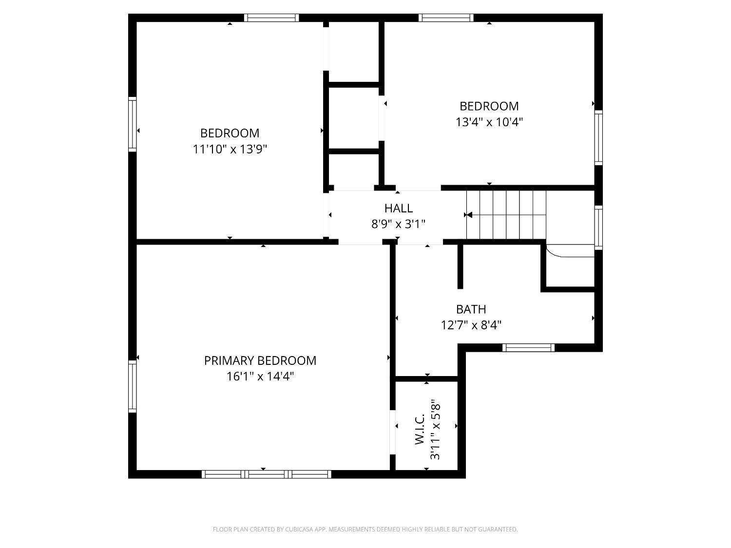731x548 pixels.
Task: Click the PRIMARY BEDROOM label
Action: [260, 360]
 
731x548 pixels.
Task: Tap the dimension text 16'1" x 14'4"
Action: [260, 377]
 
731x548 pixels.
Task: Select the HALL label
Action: [398, 208]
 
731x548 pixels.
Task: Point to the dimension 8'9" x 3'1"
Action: [398, 224]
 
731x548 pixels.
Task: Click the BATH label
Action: [471, 309]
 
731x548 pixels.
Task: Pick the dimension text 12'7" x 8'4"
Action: [471, 325]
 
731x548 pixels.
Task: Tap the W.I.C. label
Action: [420, 429]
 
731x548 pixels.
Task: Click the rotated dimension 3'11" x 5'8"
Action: [435, 429]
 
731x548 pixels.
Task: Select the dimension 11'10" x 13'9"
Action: [230, 149]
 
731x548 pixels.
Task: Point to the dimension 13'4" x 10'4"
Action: [489, 122]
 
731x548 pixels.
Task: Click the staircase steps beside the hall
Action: [506, 215]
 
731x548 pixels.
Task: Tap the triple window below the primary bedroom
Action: [267, 474]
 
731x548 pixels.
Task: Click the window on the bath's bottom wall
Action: [529, 348]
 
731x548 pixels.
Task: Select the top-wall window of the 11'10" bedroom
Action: [271, 18]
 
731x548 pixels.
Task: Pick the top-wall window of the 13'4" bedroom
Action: [446, 18]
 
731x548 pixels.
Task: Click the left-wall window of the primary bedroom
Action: [132, 386]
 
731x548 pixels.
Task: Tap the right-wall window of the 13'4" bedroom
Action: [598, 137]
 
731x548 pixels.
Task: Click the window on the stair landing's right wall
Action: [598, 227]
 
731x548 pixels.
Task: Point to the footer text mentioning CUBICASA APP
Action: [365, 529]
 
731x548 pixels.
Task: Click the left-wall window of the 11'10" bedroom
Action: [132, 124]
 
